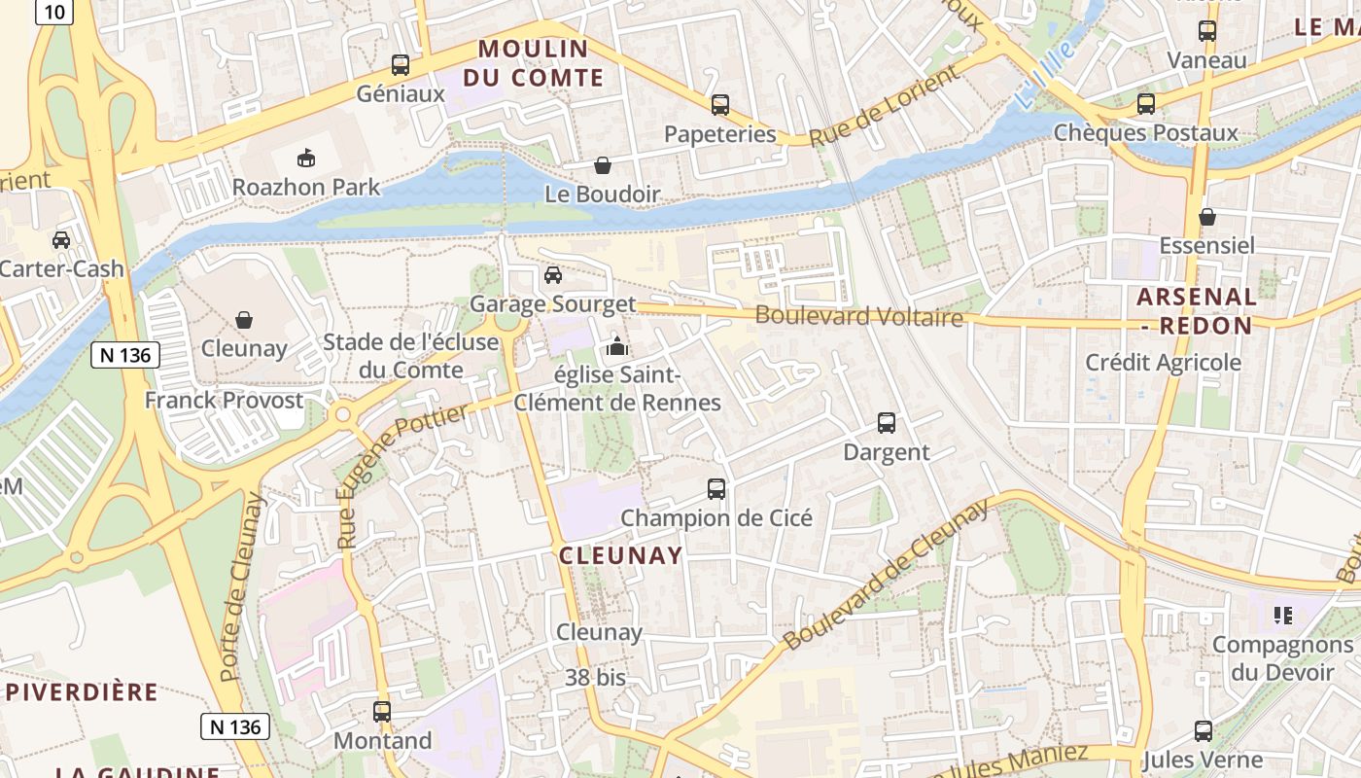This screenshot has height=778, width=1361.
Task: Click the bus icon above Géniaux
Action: (x=400, y=65)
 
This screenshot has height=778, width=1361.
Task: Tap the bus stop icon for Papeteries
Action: (x=719, y=105)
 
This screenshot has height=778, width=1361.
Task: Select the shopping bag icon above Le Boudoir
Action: (x=603, y=165)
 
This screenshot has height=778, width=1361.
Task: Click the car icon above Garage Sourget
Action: (x=552, y=275)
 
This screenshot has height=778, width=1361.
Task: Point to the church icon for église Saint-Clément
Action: (x=616, y=345)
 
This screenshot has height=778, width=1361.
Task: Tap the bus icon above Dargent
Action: (x=886, y=423)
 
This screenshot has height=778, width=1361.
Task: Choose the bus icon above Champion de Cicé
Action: (x=716, y=488)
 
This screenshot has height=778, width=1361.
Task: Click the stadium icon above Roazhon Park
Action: (x=306, y=157)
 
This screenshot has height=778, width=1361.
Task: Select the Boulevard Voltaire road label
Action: (x=858, y=316)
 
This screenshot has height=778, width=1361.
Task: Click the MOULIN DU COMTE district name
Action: (x=533, y=63)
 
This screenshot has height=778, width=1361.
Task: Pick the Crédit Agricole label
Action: (x=1163, y=363)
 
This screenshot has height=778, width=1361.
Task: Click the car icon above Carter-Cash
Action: (x=61, y=239)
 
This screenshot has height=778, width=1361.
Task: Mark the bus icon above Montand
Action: (x=382, y=711)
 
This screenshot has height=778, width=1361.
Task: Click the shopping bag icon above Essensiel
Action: (x=1206, y=216)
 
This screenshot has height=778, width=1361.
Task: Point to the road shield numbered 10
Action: (x=55, y=12)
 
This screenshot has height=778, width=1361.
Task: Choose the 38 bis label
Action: (x=595, y=677)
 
